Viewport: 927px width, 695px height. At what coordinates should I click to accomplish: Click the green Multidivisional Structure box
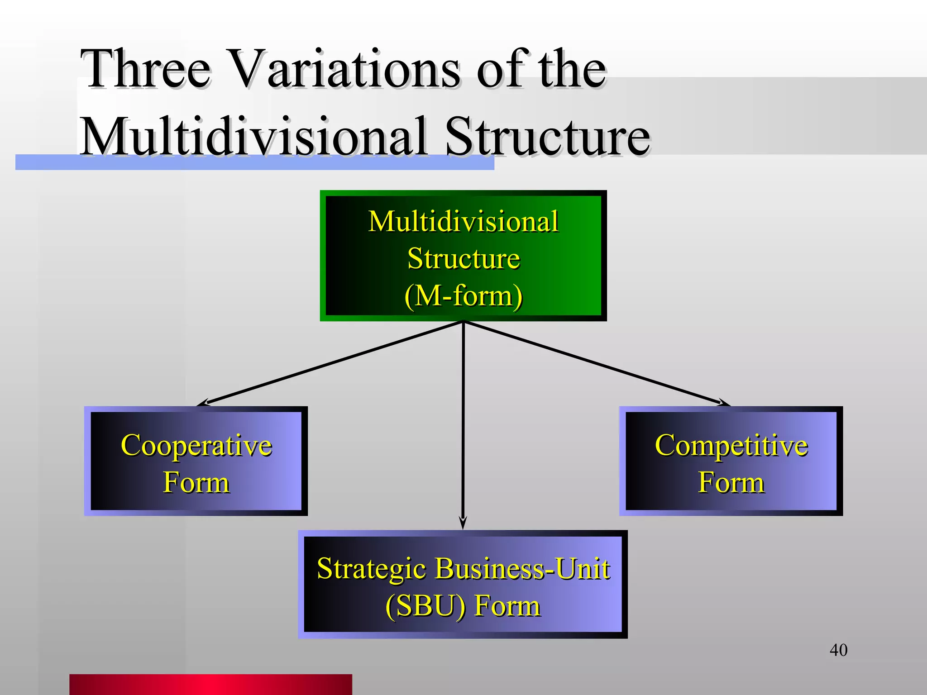pos(463,256)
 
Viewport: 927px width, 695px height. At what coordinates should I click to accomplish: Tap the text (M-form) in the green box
pos(463,296)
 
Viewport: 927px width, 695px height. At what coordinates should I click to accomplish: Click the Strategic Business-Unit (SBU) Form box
pos(463,584)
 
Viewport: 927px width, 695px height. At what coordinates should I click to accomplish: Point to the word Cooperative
pos(196,445)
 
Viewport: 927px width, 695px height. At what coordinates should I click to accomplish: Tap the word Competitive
pos(731,445)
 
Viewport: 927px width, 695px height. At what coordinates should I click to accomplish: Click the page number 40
pos(838,650)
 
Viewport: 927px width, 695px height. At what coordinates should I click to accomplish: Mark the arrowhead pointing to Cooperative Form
pos(204,403)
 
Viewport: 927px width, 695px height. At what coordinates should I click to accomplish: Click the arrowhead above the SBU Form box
pos(463,523)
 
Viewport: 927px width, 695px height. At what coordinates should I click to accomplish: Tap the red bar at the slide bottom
pos(210,684)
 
